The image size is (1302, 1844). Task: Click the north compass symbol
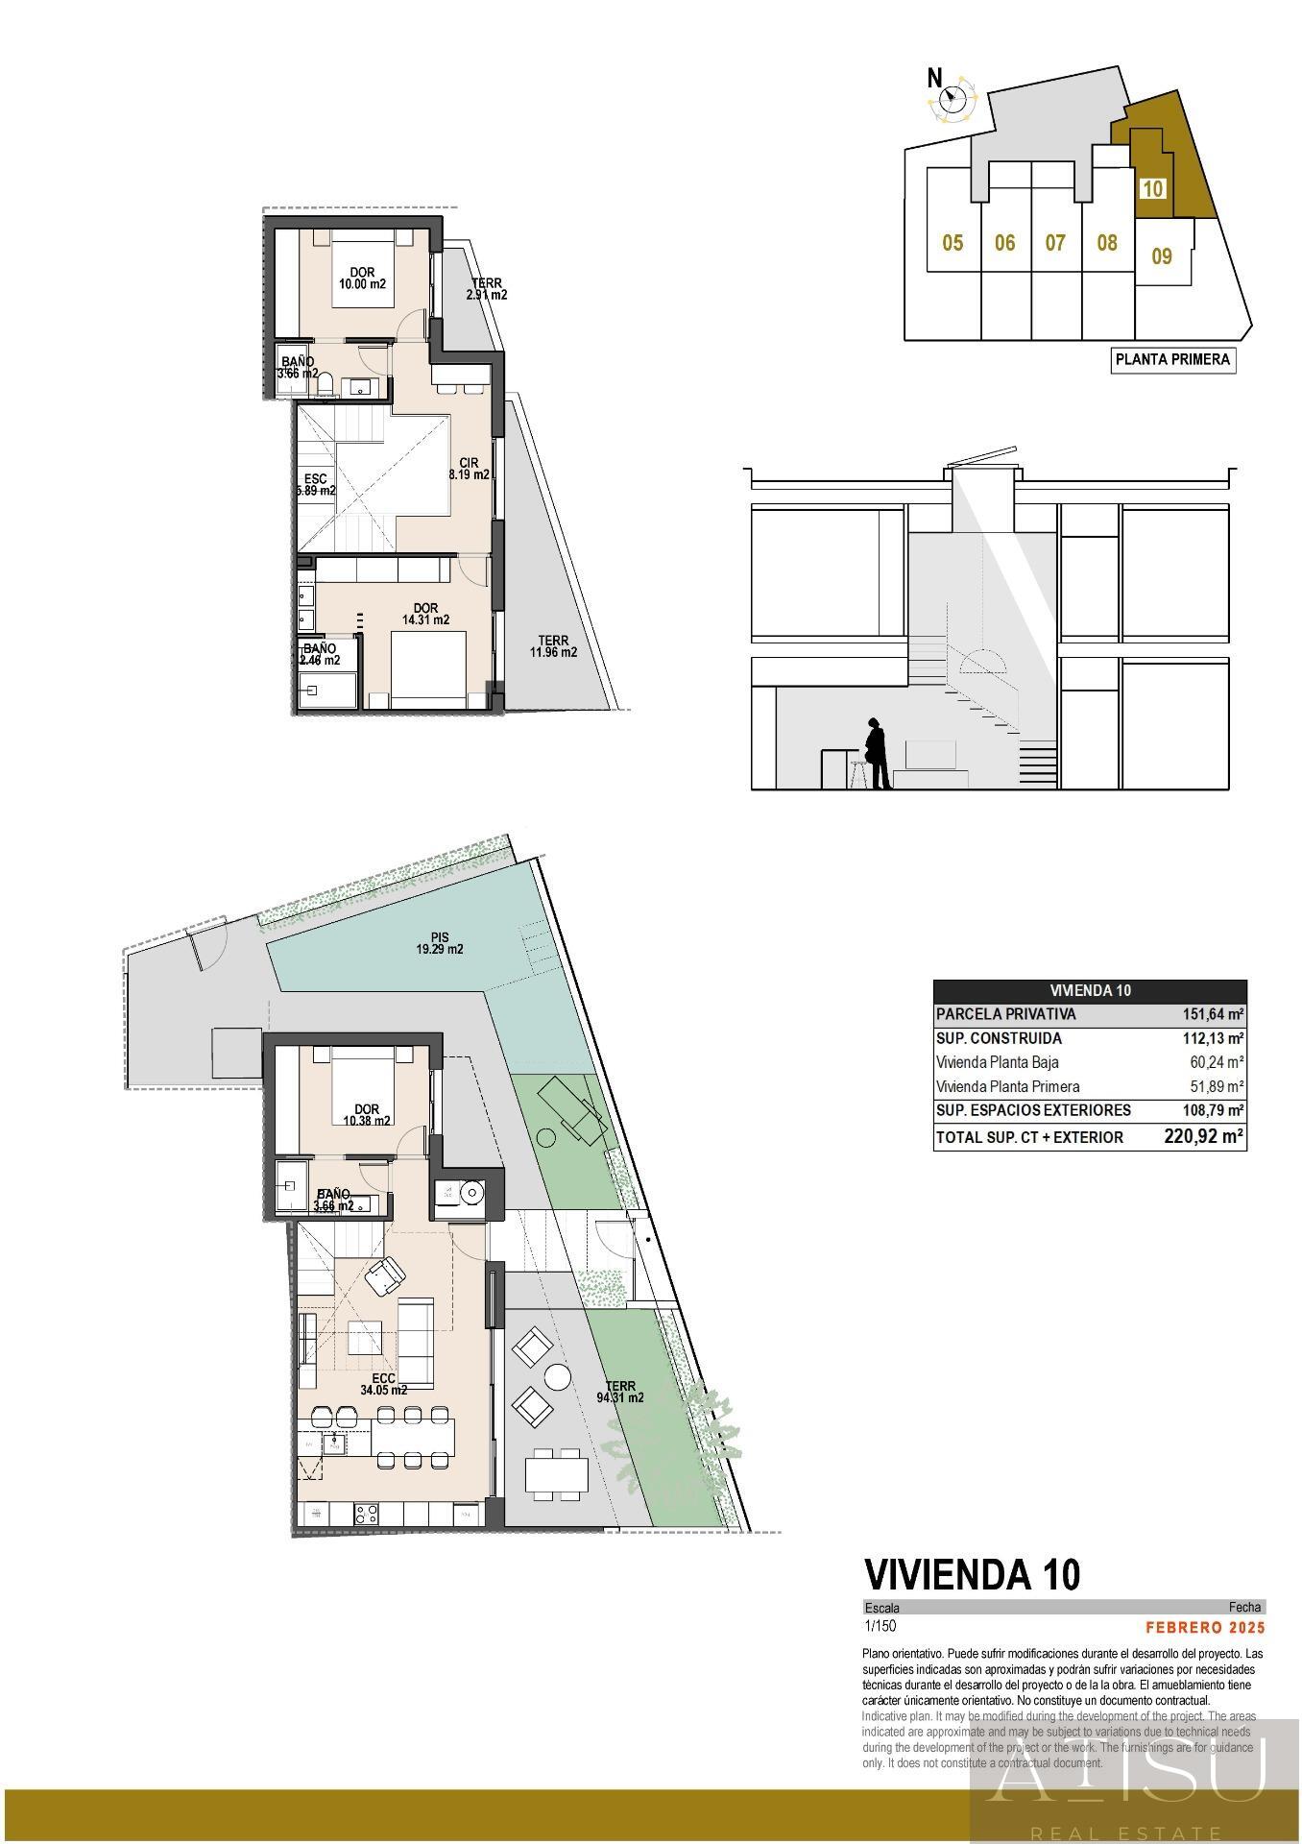point(953,96)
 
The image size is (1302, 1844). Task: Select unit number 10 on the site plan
point(1152,188)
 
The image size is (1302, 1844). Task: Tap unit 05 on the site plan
point(952,243)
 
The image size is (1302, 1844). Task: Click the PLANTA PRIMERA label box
point(1172,360)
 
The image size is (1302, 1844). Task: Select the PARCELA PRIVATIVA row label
point(1005,1014)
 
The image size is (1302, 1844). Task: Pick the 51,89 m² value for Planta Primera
point(1217,1087)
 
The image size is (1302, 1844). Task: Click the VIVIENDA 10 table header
point(1090,991)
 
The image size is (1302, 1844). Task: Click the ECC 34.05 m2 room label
point(383,1384)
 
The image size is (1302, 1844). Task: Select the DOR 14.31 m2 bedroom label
point(425,614)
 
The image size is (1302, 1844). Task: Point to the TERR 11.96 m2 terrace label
point(553,646)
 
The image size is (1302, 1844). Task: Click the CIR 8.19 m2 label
point(470,469)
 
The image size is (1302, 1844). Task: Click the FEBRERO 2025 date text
point(1205,1627)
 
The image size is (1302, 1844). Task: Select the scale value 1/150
point(880,1626)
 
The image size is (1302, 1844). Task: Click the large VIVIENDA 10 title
point(972,1574)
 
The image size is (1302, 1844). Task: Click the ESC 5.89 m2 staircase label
point(316,485)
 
